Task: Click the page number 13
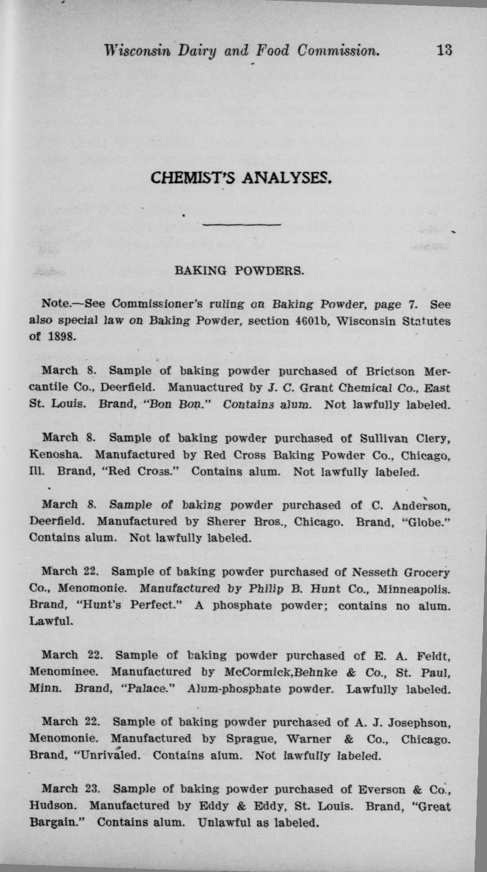444,50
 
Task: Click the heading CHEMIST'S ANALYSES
241,177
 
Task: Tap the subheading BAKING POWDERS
239,271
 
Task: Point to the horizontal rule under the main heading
242,225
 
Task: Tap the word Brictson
390,371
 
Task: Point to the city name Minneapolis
413,589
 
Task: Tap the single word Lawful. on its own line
51,621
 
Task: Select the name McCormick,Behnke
281,672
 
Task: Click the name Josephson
419,722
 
